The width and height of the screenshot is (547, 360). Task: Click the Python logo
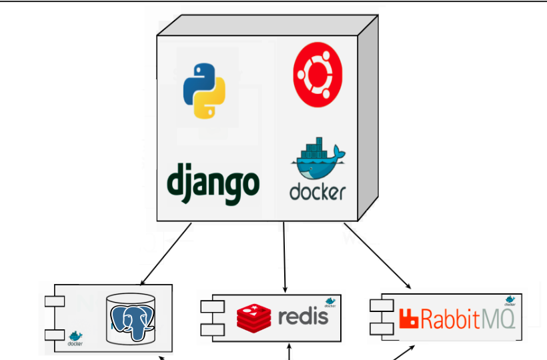click(204, 91)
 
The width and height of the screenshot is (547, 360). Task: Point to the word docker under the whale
click(318, 191)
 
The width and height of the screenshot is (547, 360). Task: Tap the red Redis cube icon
click(254, 317)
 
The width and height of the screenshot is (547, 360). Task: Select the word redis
click(304, 315)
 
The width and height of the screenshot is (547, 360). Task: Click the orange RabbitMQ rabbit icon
click(408, 319)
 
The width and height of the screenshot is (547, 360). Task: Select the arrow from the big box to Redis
click(285, 257)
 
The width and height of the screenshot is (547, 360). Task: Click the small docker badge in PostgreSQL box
click(75, 338)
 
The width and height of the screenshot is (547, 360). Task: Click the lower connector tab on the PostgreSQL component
click(53, 334)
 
